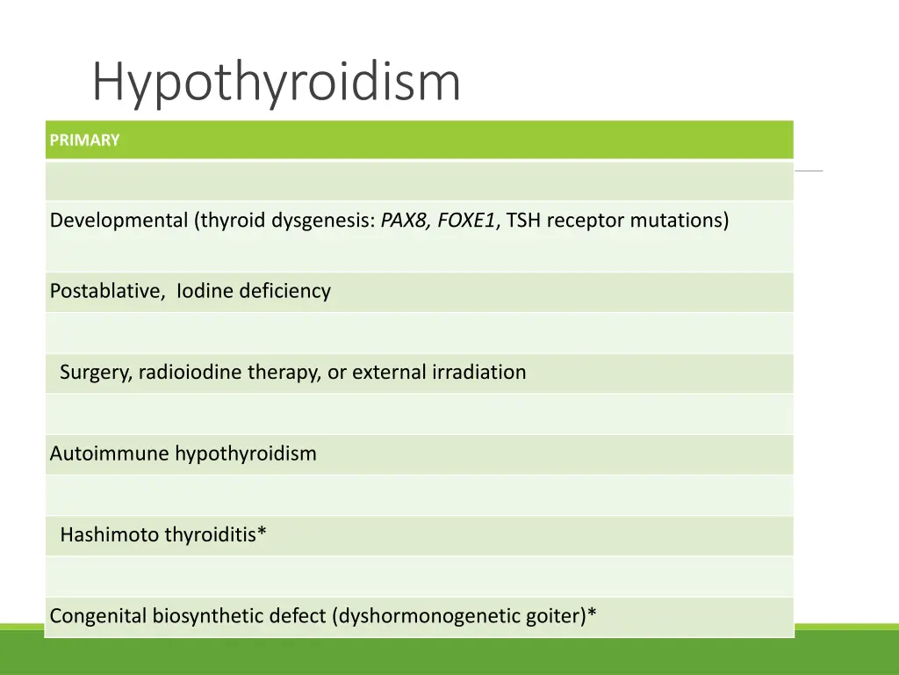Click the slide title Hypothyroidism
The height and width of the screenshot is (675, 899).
click(276, 83)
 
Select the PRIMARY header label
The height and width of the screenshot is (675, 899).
click(84, 141)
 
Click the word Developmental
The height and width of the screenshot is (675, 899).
click(119, 221)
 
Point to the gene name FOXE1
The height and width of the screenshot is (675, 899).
click(466, 221)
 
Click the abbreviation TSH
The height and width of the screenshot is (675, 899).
click(523, 221)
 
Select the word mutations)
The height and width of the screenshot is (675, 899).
click(680, 221)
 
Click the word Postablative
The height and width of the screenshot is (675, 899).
click(106, 291)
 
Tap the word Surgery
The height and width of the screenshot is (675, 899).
click(95, 373)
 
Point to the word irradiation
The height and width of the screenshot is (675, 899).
click(478, 373)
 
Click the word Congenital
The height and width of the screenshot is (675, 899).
click(98, 616)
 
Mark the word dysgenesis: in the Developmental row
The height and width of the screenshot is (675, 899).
click(327, 221)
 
